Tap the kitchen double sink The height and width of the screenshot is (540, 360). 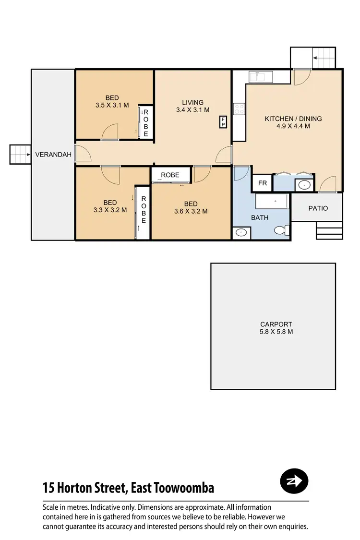[x=260, y=76]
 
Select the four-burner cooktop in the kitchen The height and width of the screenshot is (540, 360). [x=239, y=109]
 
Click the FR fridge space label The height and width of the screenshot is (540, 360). [x=263, y=183]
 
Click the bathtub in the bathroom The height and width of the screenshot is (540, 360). [x=271, y=201]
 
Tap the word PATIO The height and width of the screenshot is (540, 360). [x=318, y=208]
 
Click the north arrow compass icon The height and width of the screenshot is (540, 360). [x=294, y=481]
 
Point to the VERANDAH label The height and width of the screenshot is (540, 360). [x=53, y=155]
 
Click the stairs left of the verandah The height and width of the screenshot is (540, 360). [x=20, y=155]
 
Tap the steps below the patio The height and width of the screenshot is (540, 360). [x=329, y=230]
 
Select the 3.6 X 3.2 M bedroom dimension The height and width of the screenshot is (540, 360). [x=191, y=211]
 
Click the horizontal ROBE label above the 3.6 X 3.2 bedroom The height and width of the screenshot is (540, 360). [x=170, y=175]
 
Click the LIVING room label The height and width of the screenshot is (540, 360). [x=192, y=102]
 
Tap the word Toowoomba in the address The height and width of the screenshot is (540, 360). [x=184, y=488]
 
